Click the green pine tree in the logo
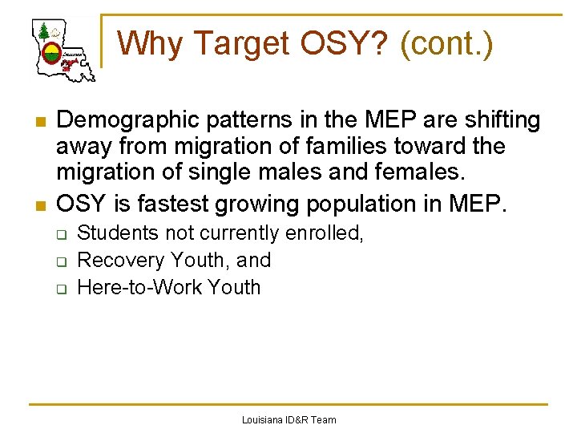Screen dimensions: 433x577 pyautogui.click(x=43, y=31)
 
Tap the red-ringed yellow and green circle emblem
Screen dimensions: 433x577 pyautogui.click(x=51, y=54)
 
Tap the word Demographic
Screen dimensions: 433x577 pyautogui.click(x=124, y=120)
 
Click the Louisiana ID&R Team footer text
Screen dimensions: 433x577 pyautogui.click(x=288, y=419)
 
